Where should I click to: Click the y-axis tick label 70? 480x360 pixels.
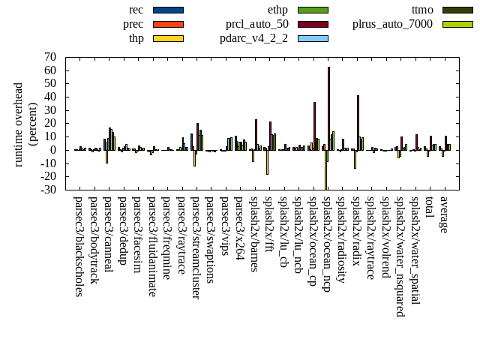click(x=51, y=57)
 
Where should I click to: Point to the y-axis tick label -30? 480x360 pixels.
click(x=49, y=190)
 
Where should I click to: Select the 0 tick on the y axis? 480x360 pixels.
click(x=54, y=150)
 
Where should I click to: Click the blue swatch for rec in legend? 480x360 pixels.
click(x=168, y=10)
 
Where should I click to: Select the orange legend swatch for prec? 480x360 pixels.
click(x=168, y=24)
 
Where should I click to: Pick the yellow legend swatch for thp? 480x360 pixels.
click(x=168, y=38)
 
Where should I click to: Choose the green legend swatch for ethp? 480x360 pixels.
click(x=313, y=10)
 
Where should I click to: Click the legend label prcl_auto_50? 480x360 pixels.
click(x=257, y=24)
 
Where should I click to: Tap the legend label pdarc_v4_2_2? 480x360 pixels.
click(x=253, y=38)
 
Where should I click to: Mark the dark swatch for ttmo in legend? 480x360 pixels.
click(x=457, y=10)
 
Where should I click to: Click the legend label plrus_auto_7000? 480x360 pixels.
click(x=392, y=24)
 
